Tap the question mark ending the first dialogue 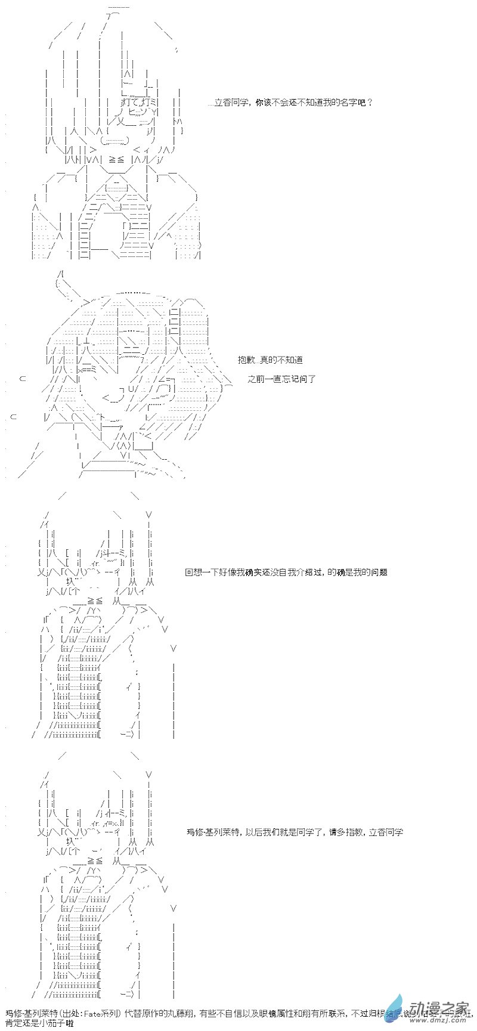click(x=370, y=103)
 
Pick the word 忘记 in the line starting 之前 click(x=292, y=379)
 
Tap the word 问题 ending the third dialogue click(x=379, y=572)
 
